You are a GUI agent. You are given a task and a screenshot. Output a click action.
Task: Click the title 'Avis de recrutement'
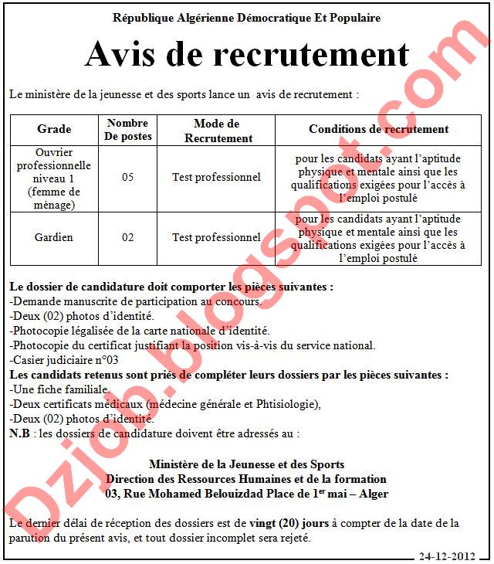point(246,55)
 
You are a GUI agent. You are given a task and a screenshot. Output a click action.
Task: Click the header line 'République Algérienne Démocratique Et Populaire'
point(246,18)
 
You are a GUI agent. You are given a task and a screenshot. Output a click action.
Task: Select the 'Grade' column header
point(54,129)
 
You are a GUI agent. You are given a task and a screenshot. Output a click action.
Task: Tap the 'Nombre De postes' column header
point(128,129)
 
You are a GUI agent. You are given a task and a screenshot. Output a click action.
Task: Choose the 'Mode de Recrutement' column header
point(216,130)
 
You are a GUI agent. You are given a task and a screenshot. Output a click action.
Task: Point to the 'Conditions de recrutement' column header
point(378,129)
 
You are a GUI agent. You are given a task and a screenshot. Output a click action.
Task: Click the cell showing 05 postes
point(128,177)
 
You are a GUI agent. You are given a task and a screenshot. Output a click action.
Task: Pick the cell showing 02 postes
point(128,237)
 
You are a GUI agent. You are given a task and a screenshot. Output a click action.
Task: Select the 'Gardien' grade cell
point(54,237)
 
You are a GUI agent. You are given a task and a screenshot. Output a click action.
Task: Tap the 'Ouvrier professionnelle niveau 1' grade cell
point(54,177)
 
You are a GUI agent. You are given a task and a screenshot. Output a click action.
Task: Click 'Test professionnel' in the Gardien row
point(216,237)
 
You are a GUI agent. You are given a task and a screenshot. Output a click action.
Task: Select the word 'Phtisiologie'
point(286,403)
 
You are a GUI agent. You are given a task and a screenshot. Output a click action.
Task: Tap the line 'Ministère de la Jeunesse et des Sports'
point(246,464)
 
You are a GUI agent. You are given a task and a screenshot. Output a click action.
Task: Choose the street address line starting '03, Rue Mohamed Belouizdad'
point(246,493)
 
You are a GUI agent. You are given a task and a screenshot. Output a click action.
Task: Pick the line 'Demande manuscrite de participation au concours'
point(134,301)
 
